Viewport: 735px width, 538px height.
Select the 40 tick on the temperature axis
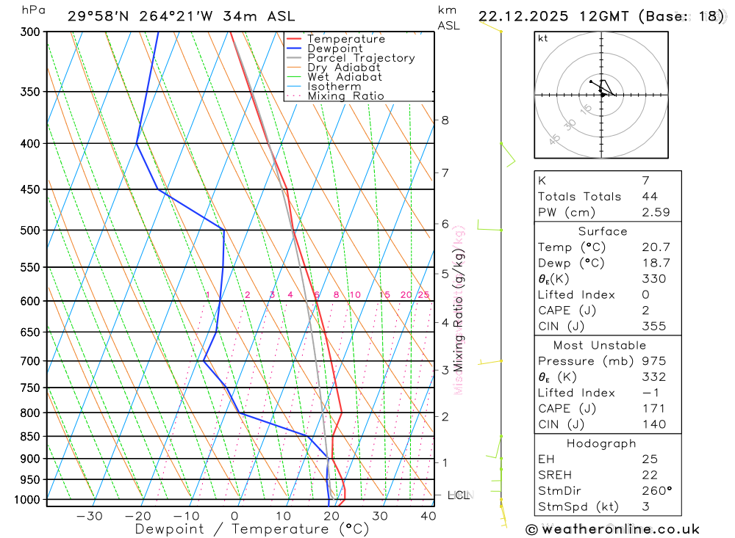pos(428,516)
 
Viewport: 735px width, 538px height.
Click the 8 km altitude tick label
pos(445,120)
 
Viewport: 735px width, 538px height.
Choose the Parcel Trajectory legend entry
pos(361,58)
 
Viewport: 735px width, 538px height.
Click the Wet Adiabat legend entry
pos(345,77)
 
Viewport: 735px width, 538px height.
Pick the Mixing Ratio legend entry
pos(345,96)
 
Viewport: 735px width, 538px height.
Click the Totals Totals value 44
pos(650,197)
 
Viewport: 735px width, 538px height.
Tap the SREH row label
pos(555,474)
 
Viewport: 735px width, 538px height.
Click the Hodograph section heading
pos(601,443)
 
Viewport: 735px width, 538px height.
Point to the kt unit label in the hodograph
pos(543,38)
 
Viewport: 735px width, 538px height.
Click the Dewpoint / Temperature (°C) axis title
pos(252,528)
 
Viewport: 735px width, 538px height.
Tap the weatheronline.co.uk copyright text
pos(612,529)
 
